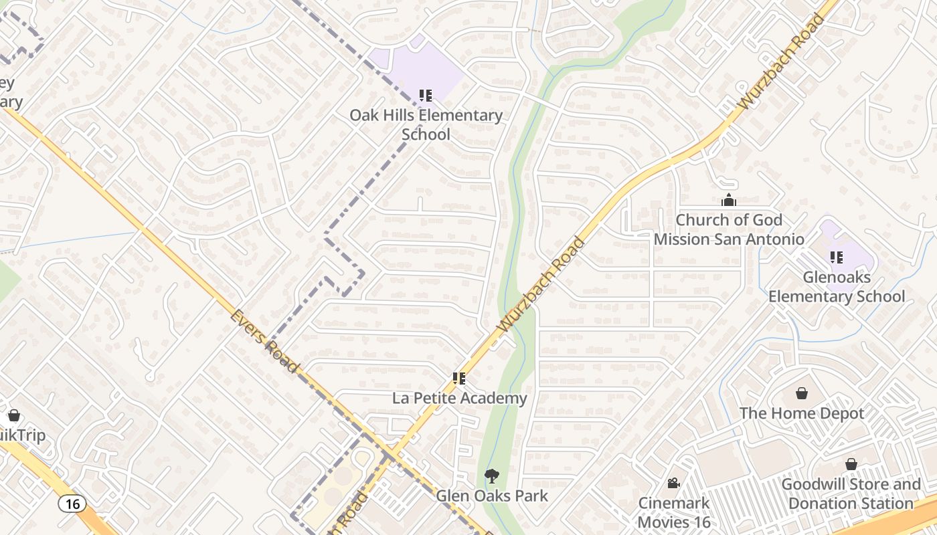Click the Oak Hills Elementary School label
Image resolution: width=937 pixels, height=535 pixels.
426,124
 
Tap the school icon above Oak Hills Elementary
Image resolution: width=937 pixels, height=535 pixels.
426,96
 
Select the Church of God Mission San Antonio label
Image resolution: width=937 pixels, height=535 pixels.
729,229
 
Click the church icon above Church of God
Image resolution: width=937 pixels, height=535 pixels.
729,200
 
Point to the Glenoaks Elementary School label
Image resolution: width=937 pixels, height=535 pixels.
837,287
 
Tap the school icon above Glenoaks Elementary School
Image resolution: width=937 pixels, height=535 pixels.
836,257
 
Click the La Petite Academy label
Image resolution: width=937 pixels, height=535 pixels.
460,399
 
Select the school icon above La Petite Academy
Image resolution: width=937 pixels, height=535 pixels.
459,379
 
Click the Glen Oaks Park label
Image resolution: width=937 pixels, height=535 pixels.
492,496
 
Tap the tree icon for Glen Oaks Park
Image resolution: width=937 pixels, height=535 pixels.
492,476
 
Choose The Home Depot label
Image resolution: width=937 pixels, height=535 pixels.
802,414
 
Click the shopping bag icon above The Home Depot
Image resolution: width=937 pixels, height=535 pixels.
802,393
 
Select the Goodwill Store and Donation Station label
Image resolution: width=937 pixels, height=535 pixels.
851,494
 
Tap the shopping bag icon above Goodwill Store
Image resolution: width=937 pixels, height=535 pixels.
851,464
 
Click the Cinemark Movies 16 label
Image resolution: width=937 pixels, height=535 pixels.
674,512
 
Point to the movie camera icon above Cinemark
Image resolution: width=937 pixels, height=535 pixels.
674,483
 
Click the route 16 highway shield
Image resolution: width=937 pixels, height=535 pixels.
72,504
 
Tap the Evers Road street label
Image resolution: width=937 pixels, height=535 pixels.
264,341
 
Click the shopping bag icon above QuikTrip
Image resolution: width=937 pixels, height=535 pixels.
13,416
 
